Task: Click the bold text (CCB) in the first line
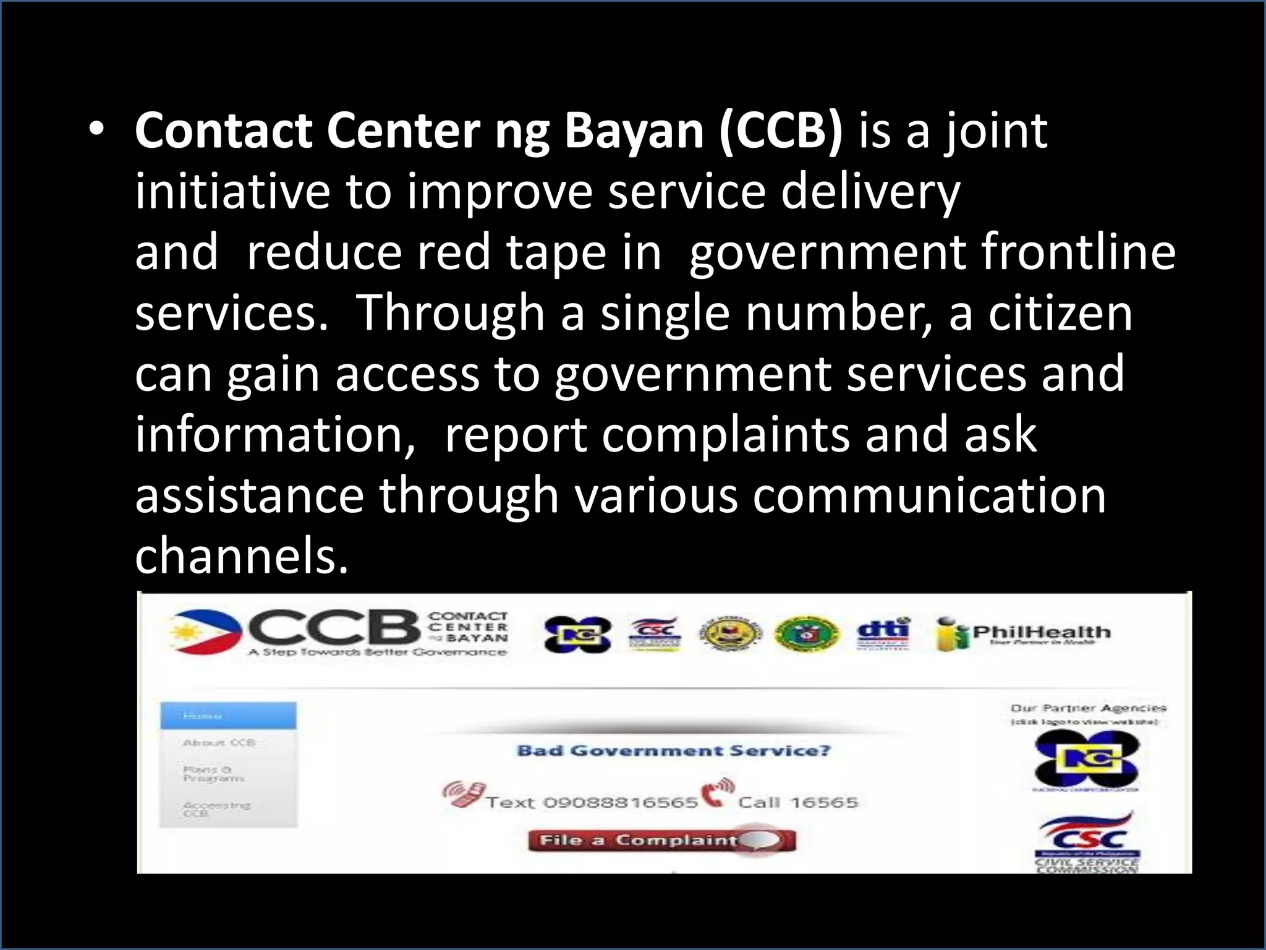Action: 781,131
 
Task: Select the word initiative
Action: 232,192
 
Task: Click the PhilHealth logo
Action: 1024,633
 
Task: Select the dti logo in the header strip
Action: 883,633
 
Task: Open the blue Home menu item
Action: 228,716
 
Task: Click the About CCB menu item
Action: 219,742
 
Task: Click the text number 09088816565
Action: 620,803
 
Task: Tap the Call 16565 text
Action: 798,803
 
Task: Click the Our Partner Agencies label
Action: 1088,708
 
